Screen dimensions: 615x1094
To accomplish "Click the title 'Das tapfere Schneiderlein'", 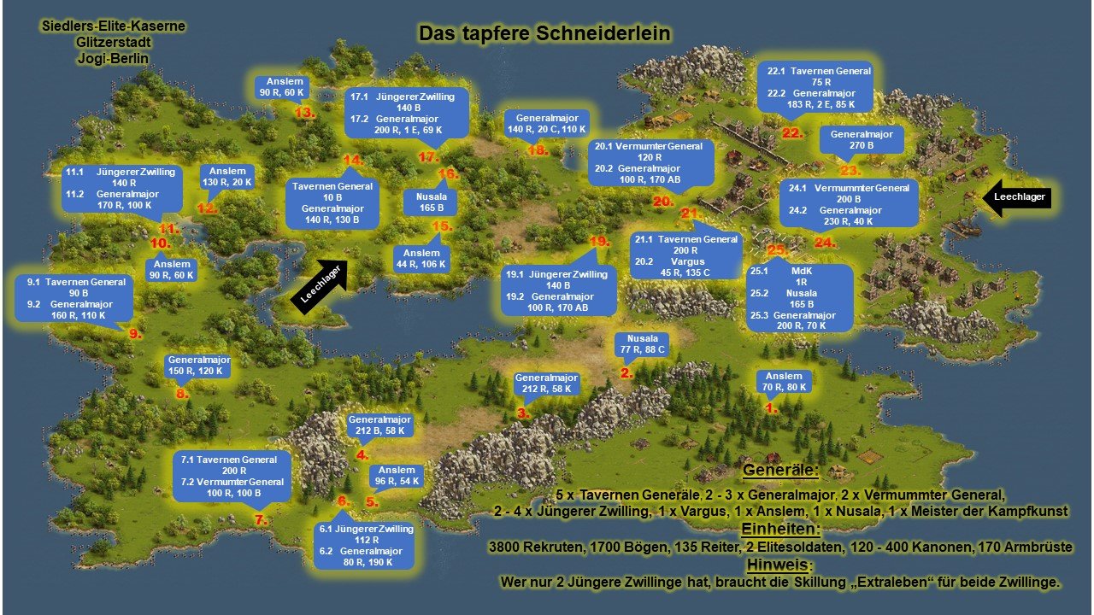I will coord(544,33).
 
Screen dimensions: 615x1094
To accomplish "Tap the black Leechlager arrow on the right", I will coord(1015,196).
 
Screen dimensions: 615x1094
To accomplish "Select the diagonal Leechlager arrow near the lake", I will coord(320,285).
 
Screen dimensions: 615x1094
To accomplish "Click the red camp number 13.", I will coord(304,112).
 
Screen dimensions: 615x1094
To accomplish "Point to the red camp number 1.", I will coord(770,408).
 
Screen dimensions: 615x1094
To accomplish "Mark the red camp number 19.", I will coord(599,242).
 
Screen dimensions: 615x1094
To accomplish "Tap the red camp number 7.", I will coord(261,519).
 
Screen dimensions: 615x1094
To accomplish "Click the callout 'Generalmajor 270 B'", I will coord(861,141).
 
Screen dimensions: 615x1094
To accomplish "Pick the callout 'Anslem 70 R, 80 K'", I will coord(784,382).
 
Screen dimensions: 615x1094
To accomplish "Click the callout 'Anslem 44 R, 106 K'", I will coord(421,259).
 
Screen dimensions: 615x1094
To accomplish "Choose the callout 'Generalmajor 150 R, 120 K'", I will coord(198,366).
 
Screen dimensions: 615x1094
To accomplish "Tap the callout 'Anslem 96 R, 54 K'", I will coord(397,476).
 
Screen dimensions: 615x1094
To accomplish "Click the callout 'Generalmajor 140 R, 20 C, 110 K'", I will coord(547,123).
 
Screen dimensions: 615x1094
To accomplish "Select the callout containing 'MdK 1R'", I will coord(800,296).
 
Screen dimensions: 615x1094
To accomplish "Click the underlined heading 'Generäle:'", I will coord(779,471).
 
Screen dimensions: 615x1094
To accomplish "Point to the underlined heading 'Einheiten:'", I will coord(779,530).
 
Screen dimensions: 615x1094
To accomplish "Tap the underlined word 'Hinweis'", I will coord(776,565).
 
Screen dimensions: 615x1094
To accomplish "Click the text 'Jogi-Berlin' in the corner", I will coord(111,59).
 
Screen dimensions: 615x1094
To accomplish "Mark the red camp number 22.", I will coord(792,132).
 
